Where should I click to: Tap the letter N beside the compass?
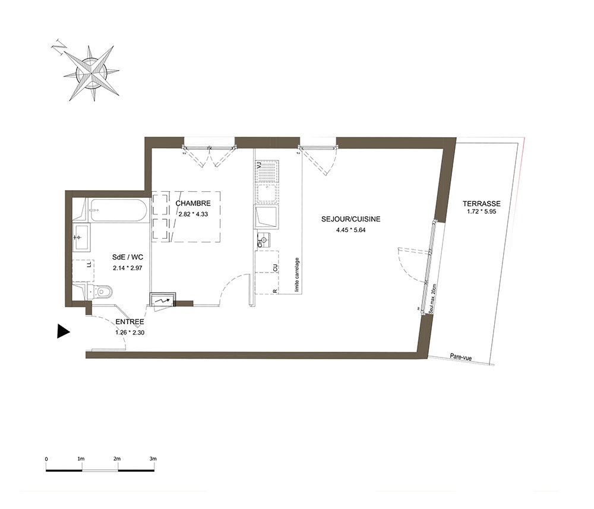[x=59, y=46]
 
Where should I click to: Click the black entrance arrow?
[x=63, y=331]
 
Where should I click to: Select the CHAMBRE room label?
[x=193, y=203]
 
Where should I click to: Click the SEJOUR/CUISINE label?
[x=350, y=219]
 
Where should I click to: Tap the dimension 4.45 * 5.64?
[x=350, y=230]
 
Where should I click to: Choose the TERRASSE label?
[x=482, y=202]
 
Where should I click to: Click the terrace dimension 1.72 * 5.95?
[x=482, y=211]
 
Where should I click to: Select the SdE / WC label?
[x=127, y=257]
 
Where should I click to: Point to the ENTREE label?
[x=130, y=323]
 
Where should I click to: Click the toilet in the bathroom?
[x=100, y=291]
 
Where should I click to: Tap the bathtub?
[x=119, y=210]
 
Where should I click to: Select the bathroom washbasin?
[x=81, y=237]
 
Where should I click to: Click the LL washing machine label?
[x=89, y=265]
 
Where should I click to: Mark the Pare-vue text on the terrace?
[x=461, y=358]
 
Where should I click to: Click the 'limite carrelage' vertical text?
[x=297, y=274]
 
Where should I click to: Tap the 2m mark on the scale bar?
[x=117, y=459]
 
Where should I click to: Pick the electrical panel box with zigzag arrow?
[x=163, y=300]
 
